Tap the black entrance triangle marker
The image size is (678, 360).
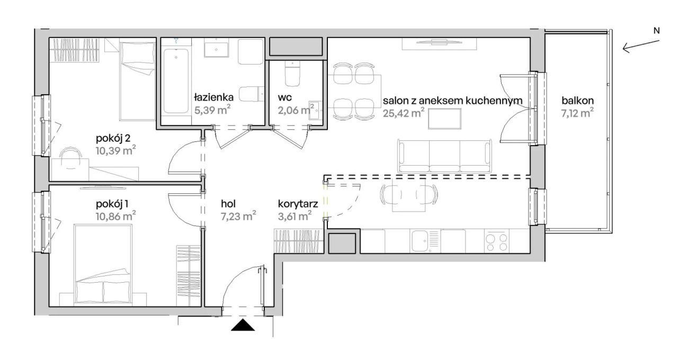243,325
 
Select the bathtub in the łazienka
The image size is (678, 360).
176,81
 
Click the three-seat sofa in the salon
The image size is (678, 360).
444,156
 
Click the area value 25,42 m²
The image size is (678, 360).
404,113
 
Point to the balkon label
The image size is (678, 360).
577,101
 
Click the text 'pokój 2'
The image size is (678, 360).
113,139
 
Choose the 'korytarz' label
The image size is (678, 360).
298,204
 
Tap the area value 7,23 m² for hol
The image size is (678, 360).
238,217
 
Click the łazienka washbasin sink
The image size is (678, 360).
216,49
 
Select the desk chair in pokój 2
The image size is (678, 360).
71,158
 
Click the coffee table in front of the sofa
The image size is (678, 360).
444,119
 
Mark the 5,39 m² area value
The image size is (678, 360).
212,110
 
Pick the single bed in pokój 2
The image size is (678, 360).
137,81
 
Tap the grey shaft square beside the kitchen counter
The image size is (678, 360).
342,243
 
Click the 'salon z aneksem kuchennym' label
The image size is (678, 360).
452,100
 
